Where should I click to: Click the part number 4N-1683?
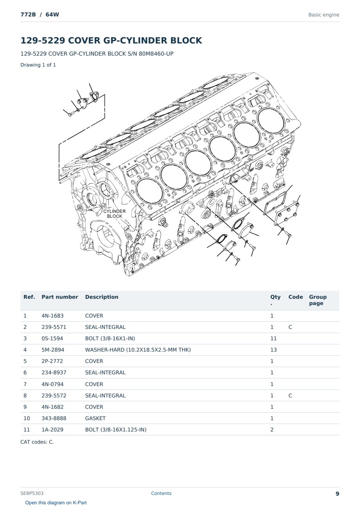[x=52, y=316]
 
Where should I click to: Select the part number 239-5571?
[x=54, y=327]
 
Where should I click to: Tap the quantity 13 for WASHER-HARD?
[x=274, y=350]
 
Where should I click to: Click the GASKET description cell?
[x=95, y=418]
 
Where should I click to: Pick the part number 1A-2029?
[x=52, y=430]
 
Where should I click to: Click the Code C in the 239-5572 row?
[x=290, y=395]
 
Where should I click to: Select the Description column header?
[x=102, y=297]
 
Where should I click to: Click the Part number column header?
[x=60, y=297]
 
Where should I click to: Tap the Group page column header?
[x=318, y=300]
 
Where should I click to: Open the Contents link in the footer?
[x=161, y=493]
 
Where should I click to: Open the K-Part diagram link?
[x=56, y=502]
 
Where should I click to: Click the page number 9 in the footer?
[x=337, y=493]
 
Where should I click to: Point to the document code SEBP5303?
[x=32, y=493]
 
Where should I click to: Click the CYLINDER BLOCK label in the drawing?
[x=115, y=214]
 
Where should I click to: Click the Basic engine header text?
[x=324, y=15]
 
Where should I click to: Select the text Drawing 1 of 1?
[x=38, y=65]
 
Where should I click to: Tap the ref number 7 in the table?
[x=25, y=384]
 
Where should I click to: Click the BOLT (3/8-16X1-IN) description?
[x=110, y=338]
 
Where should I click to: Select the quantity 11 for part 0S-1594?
[x=274, y=338]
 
